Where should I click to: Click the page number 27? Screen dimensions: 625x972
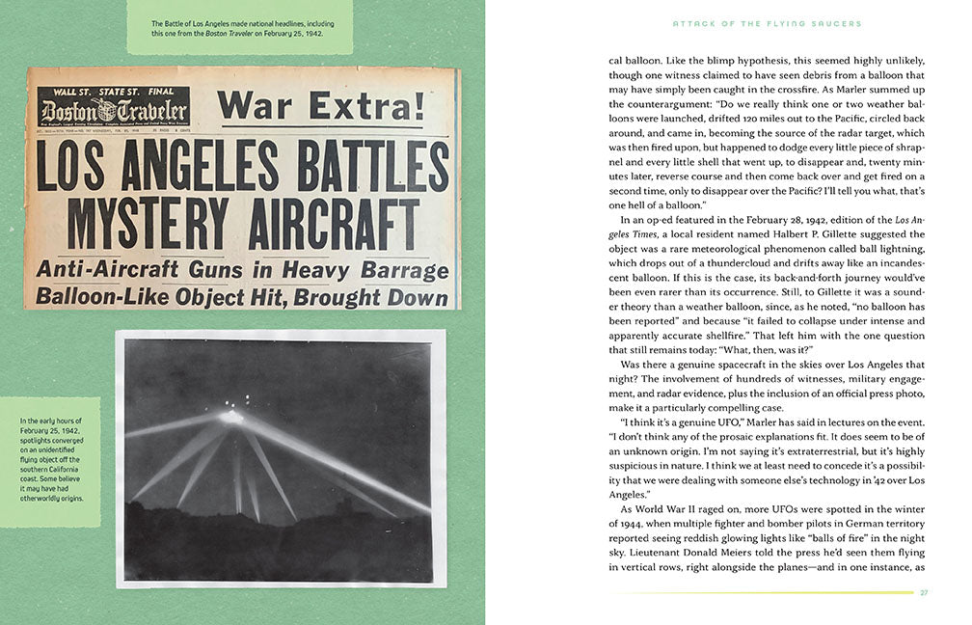click(924, 592)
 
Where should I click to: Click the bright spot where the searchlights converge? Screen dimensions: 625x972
click(229, 416)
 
